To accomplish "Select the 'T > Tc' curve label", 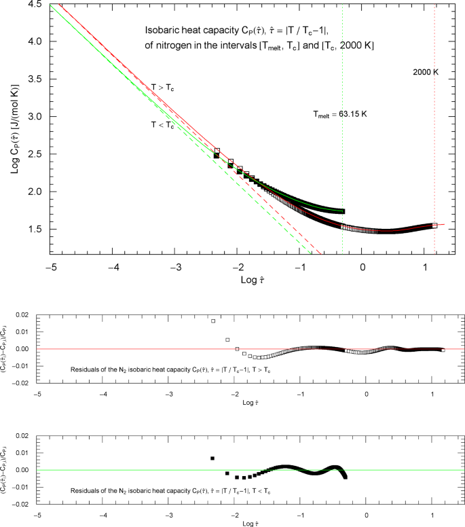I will [162, 86].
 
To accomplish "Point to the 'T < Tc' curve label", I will [162, 124].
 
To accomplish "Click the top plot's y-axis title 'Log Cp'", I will [14, 129].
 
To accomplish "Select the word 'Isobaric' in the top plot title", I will [162, 31].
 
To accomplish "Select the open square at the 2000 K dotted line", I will [434, 225].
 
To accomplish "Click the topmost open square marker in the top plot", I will [217, 151].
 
